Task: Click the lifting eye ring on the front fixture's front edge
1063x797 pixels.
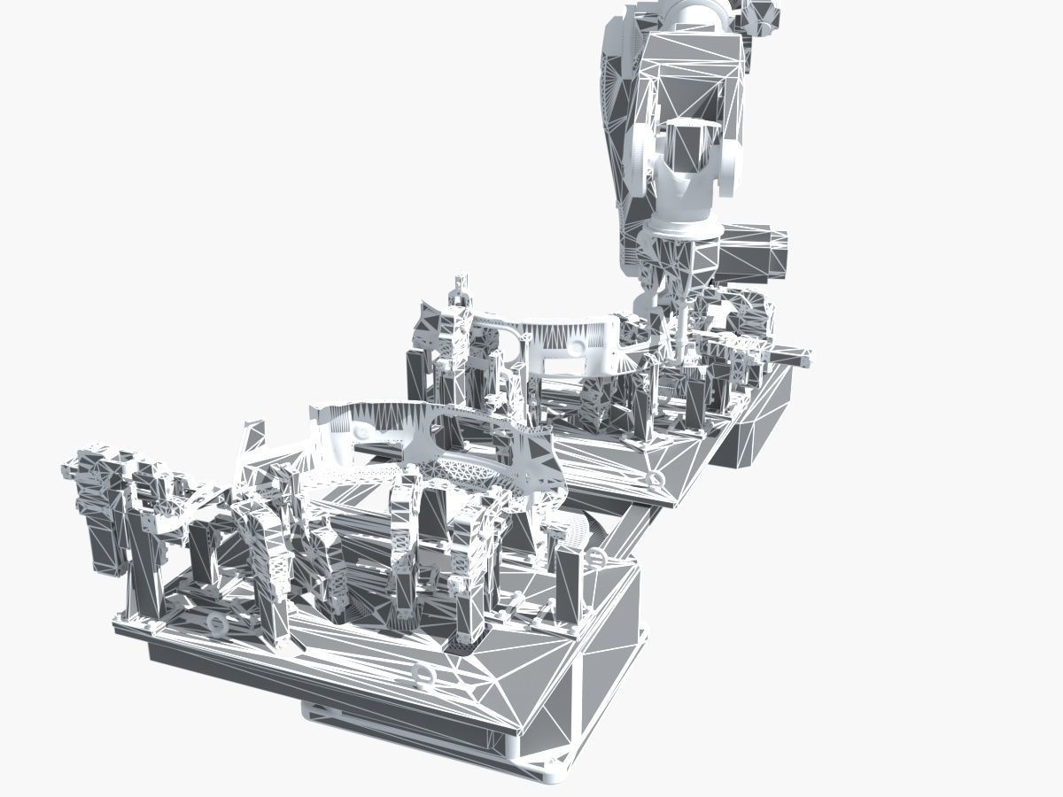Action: coord(424,677)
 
